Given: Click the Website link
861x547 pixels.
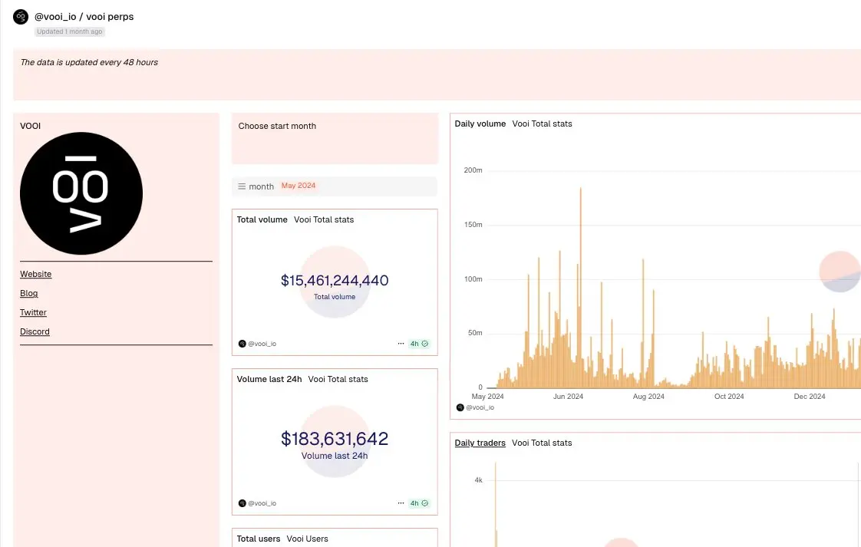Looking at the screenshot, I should pyautogui.click(x=35, y=274).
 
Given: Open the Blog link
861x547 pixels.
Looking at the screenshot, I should pyautogui.click(x=29, y=293).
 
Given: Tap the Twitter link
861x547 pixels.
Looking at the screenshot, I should pyautogui.click(x=33, y=312).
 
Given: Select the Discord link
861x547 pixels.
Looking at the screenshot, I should pyautogui.click(x=35, y=331).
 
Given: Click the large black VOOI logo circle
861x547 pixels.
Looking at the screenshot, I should pyautogui.click(x=81, y=193).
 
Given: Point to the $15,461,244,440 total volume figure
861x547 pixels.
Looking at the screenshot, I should pyautogui.click(x=335, y=281).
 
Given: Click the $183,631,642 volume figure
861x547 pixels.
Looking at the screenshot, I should pyautogui.click(x=335, y=439).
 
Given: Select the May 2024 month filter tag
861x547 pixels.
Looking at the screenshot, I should pyautogui.click(x=299, y=186).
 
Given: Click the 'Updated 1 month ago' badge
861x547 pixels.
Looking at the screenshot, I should pyautogui.click(x=70, y=31).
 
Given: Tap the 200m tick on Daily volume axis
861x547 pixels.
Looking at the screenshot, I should pyautogui.click(x=473, y=170).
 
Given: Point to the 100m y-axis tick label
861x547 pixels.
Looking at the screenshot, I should pyautogui.click(x=473, y=279).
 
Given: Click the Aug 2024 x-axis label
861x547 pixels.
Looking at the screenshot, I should pyautogui.click(x=648, y=397).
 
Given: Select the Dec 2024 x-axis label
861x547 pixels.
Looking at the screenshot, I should pyautogui.click(x=810, y=397).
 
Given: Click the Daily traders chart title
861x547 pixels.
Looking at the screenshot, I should pyautogui.click(x=480, y=443).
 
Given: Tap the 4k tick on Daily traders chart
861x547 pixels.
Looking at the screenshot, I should pyautogui.click(x=478, y=480).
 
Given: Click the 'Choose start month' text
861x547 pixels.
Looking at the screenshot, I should pyautogui.click(x=277, y=126).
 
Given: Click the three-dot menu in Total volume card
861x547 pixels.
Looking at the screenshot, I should pyautogui.click(x=401, y=344).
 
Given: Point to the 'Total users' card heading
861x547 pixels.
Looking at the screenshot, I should pyautogui.click(x=259, y=539).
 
